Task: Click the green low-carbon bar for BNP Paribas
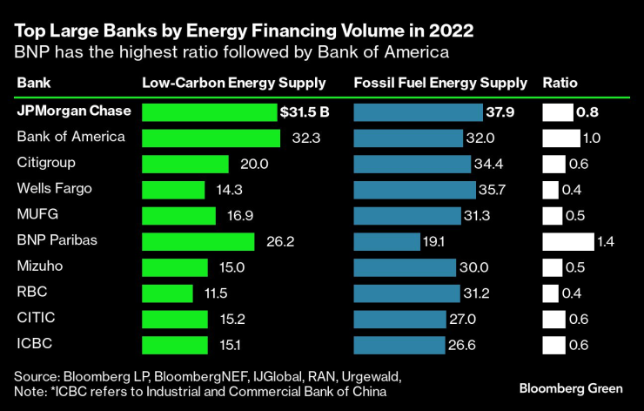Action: [x=198, y=241]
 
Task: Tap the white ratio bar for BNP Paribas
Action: [x=568, y=241]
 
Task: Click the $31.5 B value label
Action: [x=305, y=112]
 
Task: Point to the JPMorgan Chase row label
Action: [x=74, y=111]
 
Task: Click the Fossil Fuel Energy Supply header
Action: [x=440, y=84]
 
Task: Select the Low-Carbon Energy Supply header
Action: [x=233, y=84]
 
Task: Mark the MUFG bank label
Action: [x=37, y=215]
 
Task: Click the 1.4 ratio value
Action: [x=606, y=242]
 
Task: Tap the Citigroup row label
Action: [x=45, y=163]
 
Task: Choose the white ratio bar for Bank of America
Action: [x=561, y=138]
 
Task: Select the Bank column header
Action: [x=34, y=84]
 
